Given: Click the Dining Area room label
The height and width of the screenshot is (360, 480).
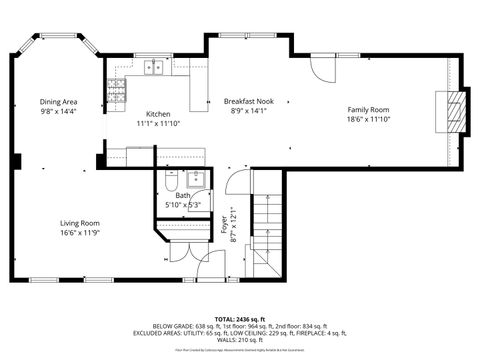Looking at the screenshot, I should tap(59, 101).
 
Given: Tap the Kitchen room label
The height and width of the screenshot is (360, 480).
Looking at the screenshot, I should tap(158, 113).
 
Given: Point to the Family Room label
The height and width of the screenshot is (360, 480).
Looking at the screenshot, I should tap(368, 109).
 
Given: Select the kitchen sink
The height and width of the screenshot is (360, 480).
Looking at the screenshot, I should tap(155, 68).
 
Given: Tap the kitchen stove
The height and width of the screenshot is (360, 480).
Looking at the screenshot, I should tap(119, 92).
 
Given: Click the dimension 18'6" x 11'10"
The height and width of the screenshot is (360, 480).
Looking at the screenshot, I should tap(368, 119).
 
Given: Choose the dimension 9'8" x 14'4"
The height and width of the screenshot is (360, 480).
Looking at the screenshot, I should tap(59, 111).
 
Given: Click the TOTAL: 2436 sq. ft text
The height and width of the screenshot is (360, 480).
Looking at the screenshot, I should tap(240, 319).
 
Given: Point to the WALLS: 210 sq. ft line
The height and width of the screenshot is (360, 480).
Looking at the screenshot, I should tap(240, 340).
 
